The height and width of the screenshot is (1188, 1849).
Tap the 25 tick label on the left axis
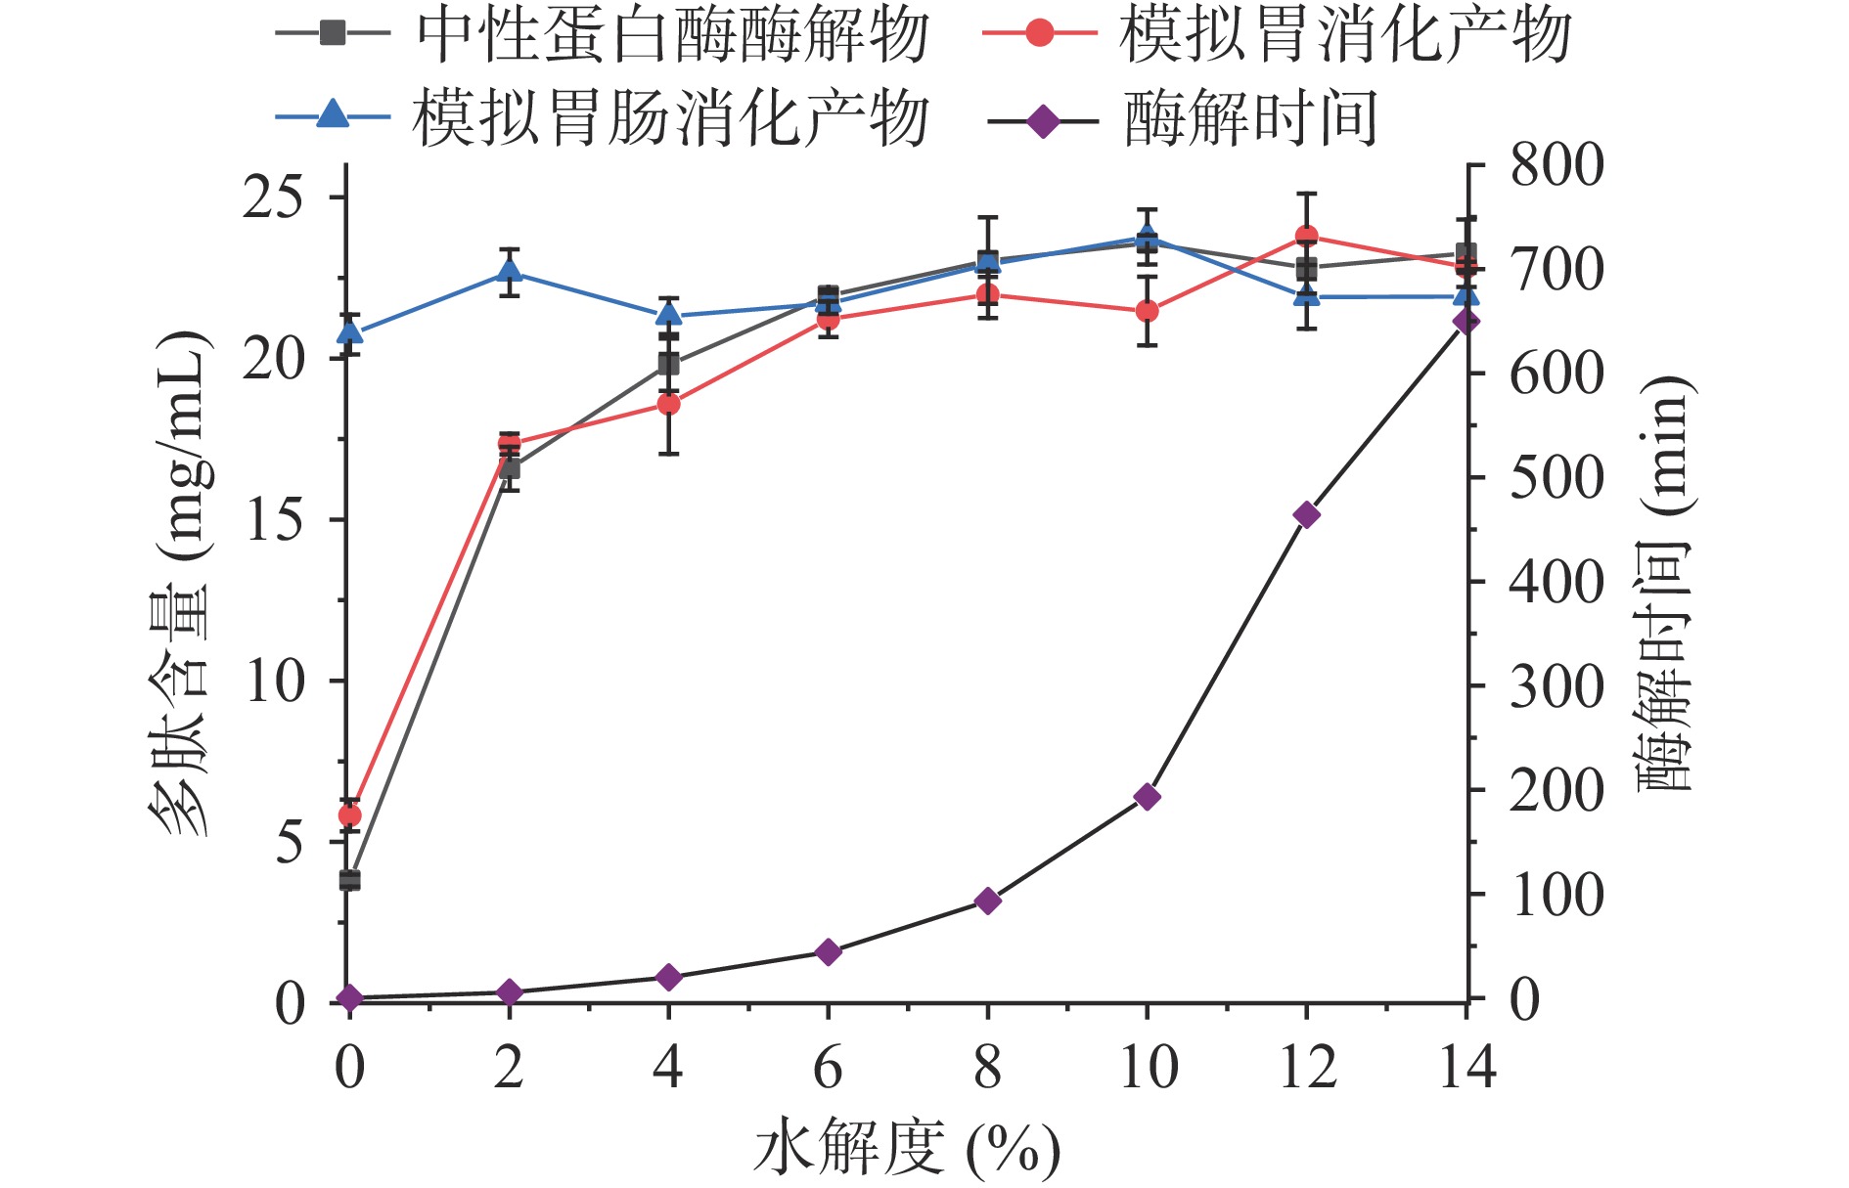[x=273, y=198]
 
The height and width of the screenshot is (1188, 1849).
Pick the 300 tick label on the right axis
[x=1556, y=686]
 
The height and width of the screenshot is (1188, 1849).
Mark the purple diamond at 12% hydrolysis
[x=1306, y=515]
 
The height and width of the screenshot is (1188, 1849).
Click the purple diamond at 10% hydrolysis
[x=1148, y=797]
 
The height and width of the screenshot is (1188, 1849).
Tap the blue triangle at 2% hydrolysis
[x=509, y=271]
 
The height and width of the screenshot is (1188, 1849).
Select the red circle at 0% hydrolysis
[x=349, y=815]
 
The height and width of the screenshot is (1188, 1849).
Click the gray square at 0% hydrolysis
[x=349, y=880]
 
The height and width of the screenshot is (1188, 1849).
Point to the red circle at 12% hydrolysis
[x=1306, y=237]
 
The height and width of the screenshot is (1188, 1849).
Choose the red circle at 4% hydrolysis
[x=668, y=404]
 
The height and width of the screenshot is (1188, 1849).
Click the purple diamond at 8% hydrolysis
[x=988, y=901]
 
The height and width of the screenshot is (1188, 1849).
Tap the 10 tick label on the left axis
[x=275, y=682]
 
